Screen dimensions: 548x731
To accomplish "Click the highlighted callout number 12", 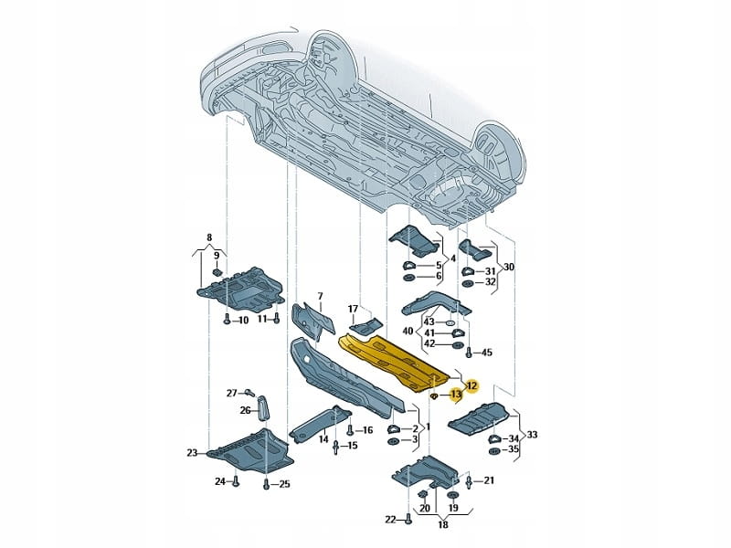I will point(471,385).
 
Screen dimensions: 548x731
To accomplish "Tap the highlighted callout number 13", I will point(457,395).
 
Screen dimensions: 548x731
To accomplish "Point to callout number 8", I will point(208,236).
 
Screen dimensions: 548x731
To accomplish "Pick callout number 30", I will point(509,267).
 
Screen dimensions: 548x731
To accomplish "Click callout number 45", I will point(486,353).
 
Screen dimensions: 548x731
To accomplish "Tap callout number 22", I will point(391,520).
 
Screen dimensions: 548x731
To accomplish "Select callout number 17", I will point(353,309).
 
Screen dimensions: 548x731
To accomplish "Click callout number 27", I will point(232,393).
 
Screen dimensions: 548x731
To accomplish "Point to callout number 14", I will point(323,439).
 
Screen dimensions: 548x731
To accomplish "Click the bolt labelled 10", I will point(224,320).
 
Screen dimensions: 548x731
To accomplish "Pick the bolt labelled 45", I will point(469,353).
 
